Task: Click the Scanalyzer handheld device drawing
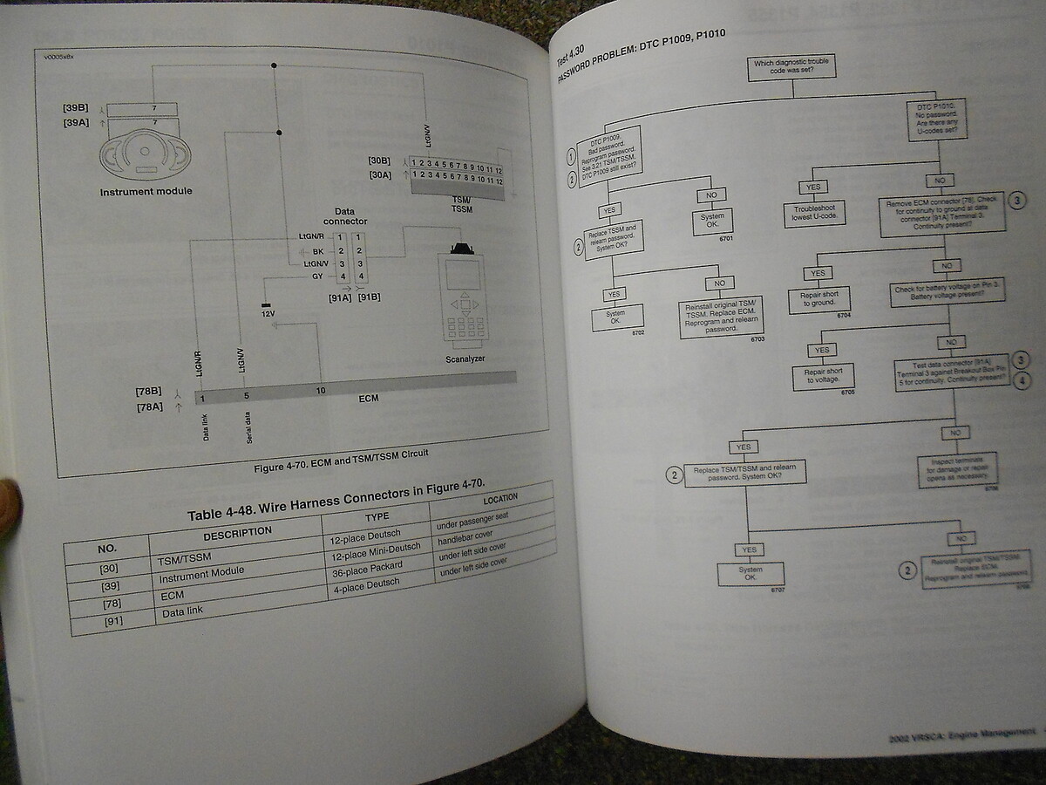465,297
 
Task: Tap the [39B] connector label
76,108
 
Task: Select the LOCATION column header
499,498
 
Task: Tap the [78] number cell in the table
112,604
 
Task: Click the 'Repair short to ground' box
819,299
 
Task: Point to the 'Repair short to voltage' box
823,375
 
